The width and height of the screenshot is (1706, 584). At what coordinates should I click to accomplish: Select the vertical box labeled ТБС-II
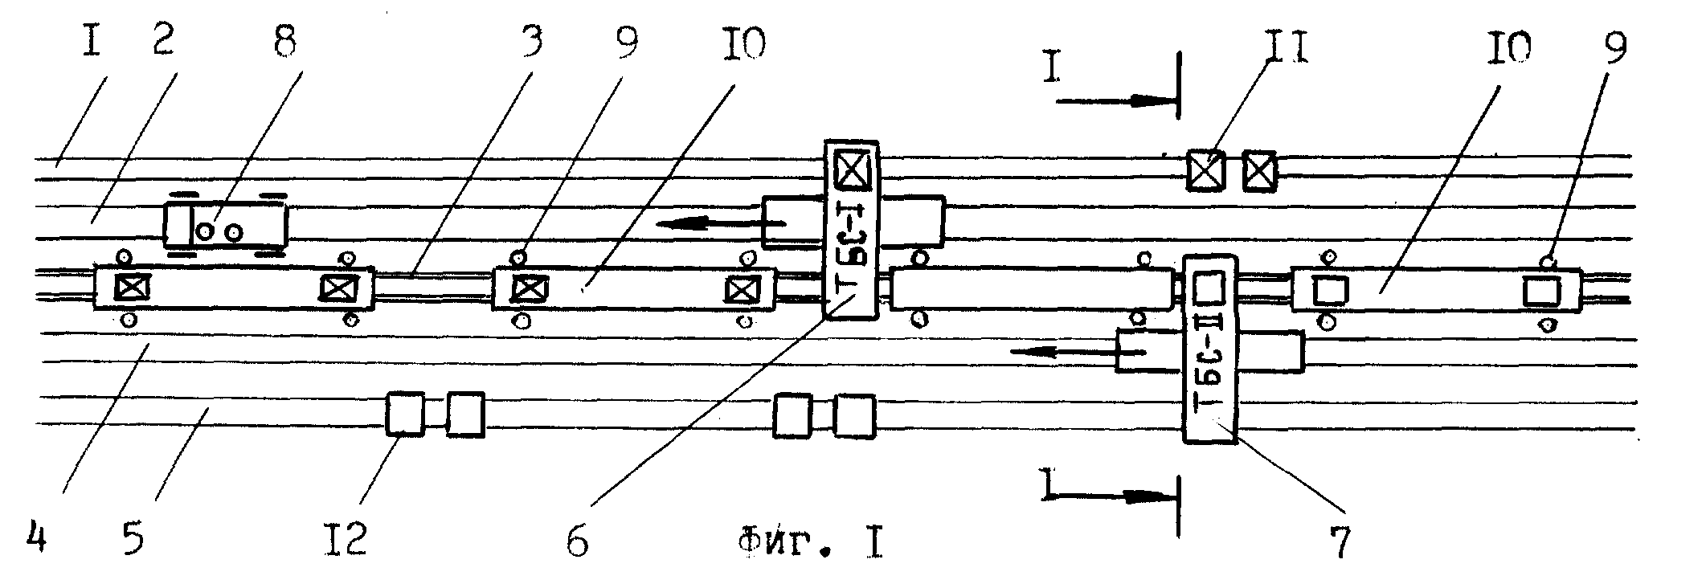pyautogui.click(x=1209, y=349)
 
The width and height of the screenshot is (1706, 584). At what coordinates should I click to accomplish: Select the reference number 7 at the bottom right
pyautogui.click(x=1340, y=542)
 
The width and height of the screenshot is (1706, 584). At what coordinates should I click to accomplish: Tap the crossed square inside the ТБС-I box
pyautogui.click(x=849, y=170)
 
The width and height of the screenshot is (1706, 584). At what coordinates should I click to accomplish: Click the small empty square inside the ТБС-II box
pyautogui.click(x=1209, y=288)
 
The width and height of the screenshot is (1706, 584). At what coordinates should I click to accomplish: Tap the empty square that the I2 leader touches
pyautogui.click(x=405, y=415)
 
